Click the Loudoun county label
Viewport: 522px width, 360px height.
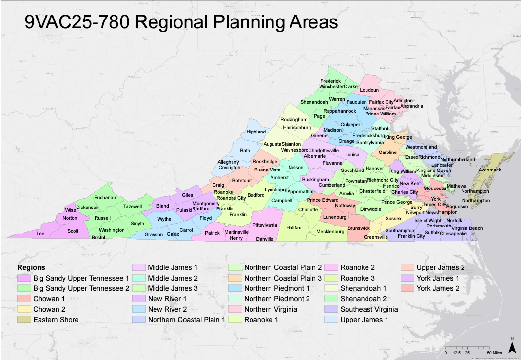(x=369, y=90)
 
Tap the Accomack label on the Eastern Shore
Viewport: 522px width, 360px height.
(x=490, y=170)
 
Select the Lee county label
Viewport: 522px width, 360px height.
(x=40, y=234)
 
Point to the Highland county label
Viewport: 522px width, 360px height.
(x=256, y=132)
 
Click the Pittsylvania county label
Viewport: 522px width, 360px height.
(x=265, y=225)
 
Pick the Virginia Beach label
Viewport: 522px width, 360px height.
(x=467, y=228)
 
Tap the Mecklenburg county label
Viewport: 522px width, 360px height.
(x=330, y=232)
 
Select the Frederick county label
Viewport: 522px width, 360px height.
(x=330, y=81)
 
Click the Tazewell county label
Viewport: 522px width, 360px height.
(x=133, y=207)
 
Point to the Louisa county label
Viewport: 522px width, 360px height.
(x=352, y=155)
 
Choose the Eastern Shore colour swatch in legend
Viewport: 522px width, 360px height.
(x=23, y=320)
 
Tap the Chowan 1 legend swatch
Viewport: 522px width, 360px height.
(x=23, y=299)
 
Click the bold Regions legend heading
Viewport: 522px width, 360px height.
(x=31, y=267)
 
